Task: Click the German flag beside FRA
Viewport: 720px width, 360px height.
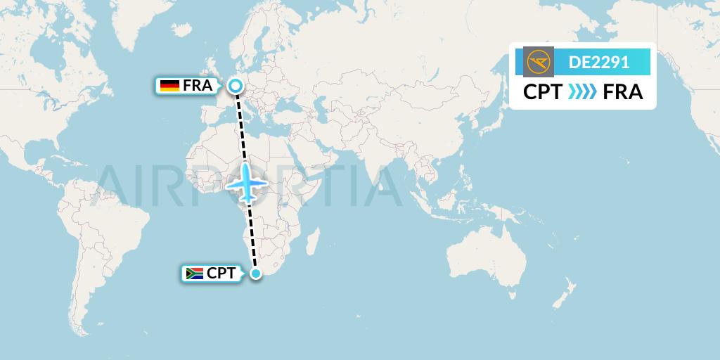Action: pos(169,86)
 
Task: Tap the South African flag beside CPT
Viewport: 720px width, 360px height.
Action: pos(193,274)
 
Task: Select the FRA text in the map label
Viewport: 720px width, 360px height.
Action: pos(197,86)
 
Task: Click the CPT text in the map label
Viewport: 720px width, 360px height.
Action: pos(221,274)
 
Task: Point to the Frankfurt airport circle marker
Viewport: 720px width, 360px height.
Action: pos(236,86)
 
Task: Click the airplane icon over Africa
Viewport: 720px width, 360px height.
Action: pos(247,184)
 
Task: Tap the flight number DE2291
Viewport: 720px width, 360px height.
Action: pos(599,62)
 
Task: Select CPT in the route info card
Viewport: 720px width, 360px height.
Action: pos(542,92)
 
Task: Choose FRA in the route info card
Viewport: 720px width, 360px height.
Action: pos(623,92)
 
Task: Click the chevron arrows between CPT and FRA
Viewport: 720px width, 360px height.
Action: pos(582,92)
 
